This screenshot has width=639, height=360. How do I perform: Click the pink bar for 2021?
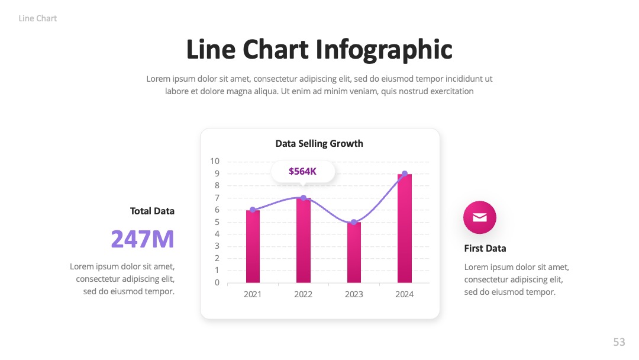point(253,246)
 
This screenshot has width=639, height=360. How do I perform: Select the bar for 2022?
point(303,240)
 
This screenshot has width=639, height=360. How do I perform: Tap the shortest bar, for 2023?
point(354,252)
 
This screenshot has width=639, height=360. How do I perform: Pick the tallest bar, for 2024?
point(405,229)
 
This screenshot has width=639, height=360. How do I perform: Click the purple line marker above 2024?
point(405,173)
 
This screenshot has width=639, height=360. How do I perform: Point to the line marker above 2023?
point(354,222)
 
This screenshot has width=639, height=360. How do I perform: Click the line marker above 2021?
point(253,210)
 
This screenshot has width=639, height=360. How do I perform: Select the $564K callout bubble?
point(303,172)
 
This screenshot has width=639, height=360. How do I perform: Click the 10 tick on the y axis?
point(215,161)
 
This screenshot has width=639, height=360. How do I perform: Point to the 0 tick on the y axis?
point(217,282)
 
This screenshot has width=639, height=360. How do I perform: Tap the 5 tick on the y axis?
point(217,222)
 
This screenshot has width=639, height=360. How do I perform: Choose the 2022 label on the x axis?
point(303,294)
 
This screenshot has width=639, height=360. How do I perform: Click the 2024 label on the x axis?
point(404,294)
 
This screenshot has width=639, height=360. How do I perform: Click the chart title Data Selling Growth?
point(319,143)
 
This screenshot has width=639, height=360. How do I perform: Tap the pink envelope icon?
point(480,217)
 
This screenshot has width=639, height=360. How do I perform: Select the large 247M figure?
point(143,239)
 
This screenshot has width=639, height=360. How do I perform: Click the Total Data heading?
point(152,211)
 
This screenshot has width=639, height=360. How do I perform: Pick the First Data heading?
point(485,248)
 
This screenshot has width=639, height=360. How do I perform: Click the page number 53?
point(619,342)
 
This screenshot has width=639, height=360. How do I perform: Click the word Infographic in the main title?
point(384,50)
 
